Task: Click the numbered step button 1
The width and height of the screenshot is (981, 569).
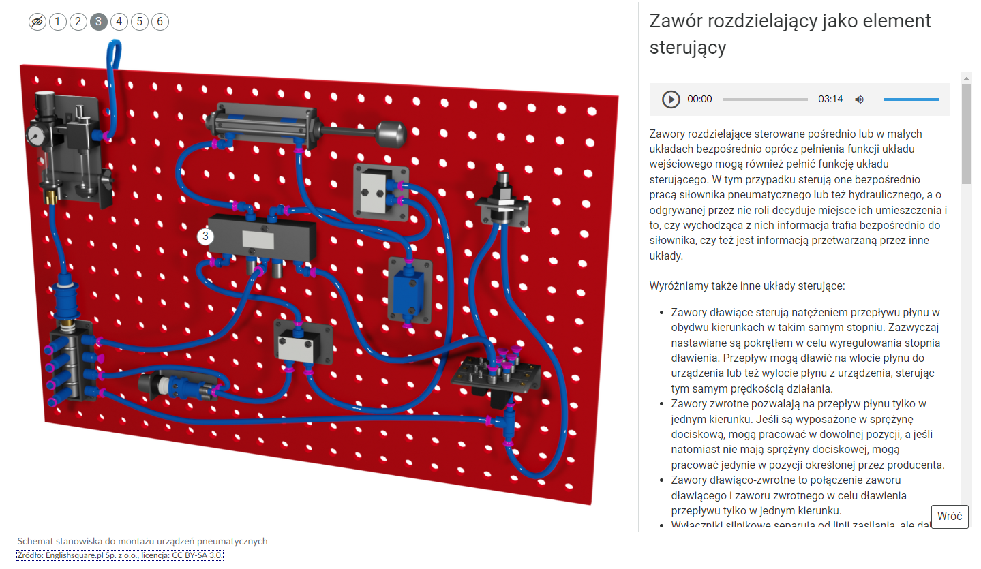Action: (57, 22)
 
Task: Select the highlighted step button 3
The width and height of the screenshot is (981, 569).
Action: (98, 22)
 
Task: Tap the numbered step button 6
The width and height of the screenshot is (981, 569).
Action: (160, 22)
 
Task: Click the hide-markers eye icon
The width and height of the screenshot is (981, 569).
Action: (37, 22)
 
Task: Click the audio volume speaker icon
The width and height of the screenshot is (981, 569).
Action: (859, 99)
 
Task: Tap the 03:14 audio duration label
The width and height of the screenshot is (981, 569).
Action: (830, 99)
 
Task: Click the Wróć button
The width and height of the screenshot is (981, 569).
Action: (949, 516)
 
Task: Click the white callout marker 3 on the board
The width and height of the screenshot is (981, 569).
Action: (205, 236)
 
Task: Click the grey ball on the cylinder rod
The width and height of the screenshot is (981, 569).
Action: (392, 133)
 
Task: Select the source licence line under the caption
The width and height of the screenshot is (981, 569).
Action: (120, 555)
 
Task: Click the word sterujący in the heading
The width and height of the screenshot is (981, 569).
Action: (688, 48)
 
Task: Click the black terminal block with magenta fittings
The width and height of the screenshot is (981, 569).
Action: (496, 374)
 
